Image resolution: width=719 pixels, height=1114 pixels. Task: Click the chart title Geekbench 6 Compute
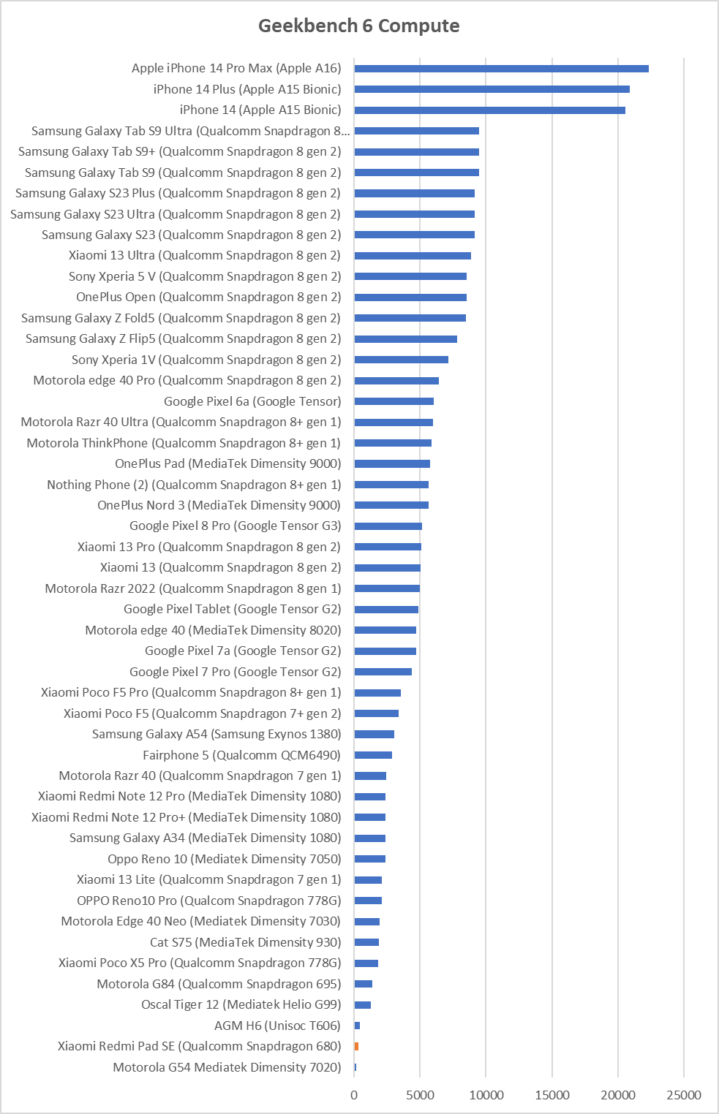358,26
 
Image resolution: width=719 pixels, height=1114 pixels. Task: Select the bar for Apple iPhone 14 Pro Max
502,69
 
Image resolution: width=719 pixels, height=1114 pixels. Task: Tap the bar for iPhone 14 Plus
492,89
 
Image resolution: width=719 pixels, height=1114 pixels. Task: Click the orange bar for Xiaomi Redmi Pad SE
356,1046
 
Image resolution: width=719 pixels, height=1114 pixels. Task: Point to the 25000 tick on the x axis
684,1095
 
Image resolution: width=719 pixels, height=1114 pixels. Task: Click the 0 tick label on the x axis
354,1095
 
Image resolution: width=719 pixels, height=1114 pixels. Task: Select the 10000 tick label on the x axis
486,1095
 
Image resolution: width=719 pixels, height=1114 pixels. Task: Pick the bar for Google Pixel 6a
394,401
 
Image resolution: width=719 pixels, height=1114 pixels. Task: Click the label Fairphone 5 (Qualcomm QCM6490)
242,755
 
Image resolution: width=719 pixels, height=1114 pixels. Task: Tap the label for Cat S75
245,942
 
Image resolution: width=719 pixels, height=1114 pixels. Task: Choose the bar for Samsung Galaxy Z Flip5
406,339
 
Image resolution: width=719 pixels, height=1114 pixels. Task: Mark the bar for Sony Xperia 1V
402,360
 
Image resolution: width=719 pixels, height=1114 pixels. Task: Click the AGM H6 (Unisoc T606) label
278,1026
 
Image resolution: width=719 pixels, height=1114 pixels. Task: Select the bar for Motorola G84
364,984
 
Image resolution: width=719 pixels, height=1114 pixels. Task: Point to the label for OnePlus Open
208,297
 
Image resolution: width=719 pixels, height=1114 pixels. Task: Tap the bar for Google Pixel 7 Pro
383,672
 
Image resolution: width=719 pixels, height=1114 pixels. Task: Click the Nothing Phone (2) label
194,485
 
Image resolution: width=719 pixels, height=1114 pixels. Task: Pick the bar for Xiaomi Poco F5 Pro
377,693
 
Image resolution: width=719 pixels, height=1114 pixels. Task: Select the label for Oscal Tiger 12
241,1004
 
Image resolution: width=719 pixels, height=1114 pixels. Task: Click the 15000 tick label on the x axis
552,1095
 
